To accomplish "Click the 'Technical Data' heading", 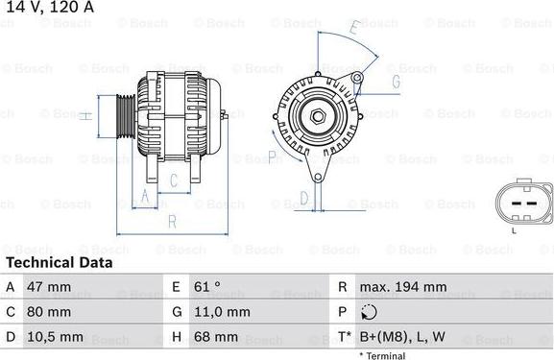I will [x=60, y=262].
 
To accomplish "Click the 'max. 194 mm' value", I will [x=402, y=287].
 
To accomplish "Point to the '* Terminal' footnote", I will [x=382, y=355].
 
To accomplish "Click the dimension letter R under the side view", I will [x=171, y=221].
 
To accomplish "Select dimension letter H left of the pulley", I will [x=85, y=116].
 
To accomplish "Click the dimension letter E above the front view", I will [x=352, y=30].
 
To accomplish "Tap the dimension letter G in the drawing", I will [x=395, y=83].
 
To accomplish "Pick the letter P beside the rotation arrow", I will [x=272, y=156].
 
